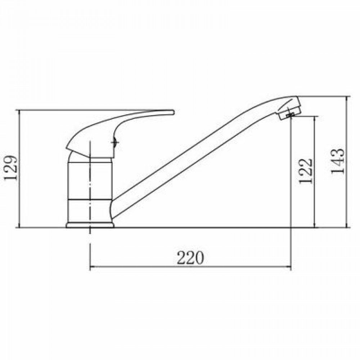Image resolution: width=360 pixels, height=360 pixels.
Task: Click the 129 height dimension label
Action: tap(11, 168)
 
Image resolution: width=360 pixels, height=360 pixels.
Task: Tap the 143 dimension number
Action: tap(338, 161)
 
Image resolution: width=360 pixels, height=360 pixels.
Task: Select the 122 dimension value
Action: tap(306, 171)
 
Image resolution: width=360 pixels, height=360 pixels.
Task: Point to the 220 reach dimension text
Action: tap(190, 258)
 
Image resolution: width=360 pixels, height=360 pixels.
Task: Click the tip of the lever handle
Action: tap(174, 112)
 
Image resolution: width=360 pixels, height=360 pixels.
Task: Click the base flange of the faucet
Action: tap(90, 225)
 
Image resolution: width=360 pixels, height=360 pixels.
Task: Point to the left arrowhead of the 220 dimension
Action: tap(92, 267)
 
